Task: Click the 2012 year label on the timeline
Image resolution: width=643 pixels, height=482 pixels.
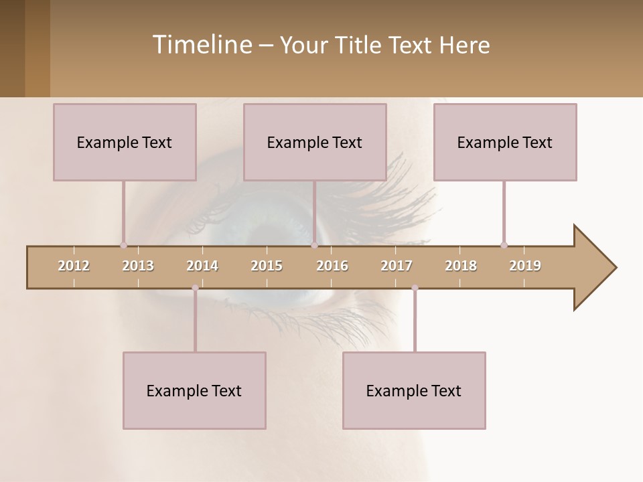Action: coord(74,266)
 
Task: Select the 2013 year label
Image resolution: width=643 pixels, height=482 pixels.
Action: coord(138,266)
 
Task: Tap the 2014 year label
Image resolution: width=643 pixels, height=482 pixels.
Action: coord(202,266)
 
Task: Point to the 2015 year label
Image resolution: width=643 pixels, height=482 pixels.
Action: coord(267,266)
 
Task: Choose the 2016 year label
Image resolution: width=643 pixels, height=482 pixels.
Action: coord(332,266)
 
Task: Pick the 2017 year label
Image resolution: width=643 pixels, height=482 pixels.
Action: coord(397,266)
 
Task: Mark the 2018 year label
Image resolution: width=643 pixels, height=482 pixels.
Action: coord(461,266)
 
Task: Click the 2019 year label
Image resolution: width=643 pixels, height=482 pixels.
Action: coord(525,266)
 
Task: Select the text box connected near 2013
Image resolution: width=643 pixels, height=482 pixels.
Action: coord(125,142)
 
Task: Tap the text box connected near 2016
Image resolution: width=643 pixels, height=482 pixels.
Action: coord(315,142)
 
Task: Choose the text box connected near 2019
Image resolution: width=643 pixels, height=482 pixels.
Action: coord(505,142)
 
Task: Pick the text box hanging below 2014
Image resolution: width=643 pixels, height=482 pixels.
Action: coord(194,390)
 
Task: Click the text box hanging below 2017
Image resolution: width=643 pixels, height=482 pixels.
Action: coord(414,390)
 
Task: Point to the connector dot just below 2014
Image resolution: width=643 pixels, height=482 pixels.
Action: coord(195,288)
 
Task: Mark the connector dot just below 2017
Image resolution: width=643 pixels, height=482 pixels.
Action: coord(415,288)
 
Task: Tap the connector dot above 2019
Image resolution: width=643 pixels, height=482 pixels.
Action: coord(504,245)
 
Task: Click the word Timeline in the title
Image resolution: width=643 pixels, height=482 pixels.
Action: coord(200,45)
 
